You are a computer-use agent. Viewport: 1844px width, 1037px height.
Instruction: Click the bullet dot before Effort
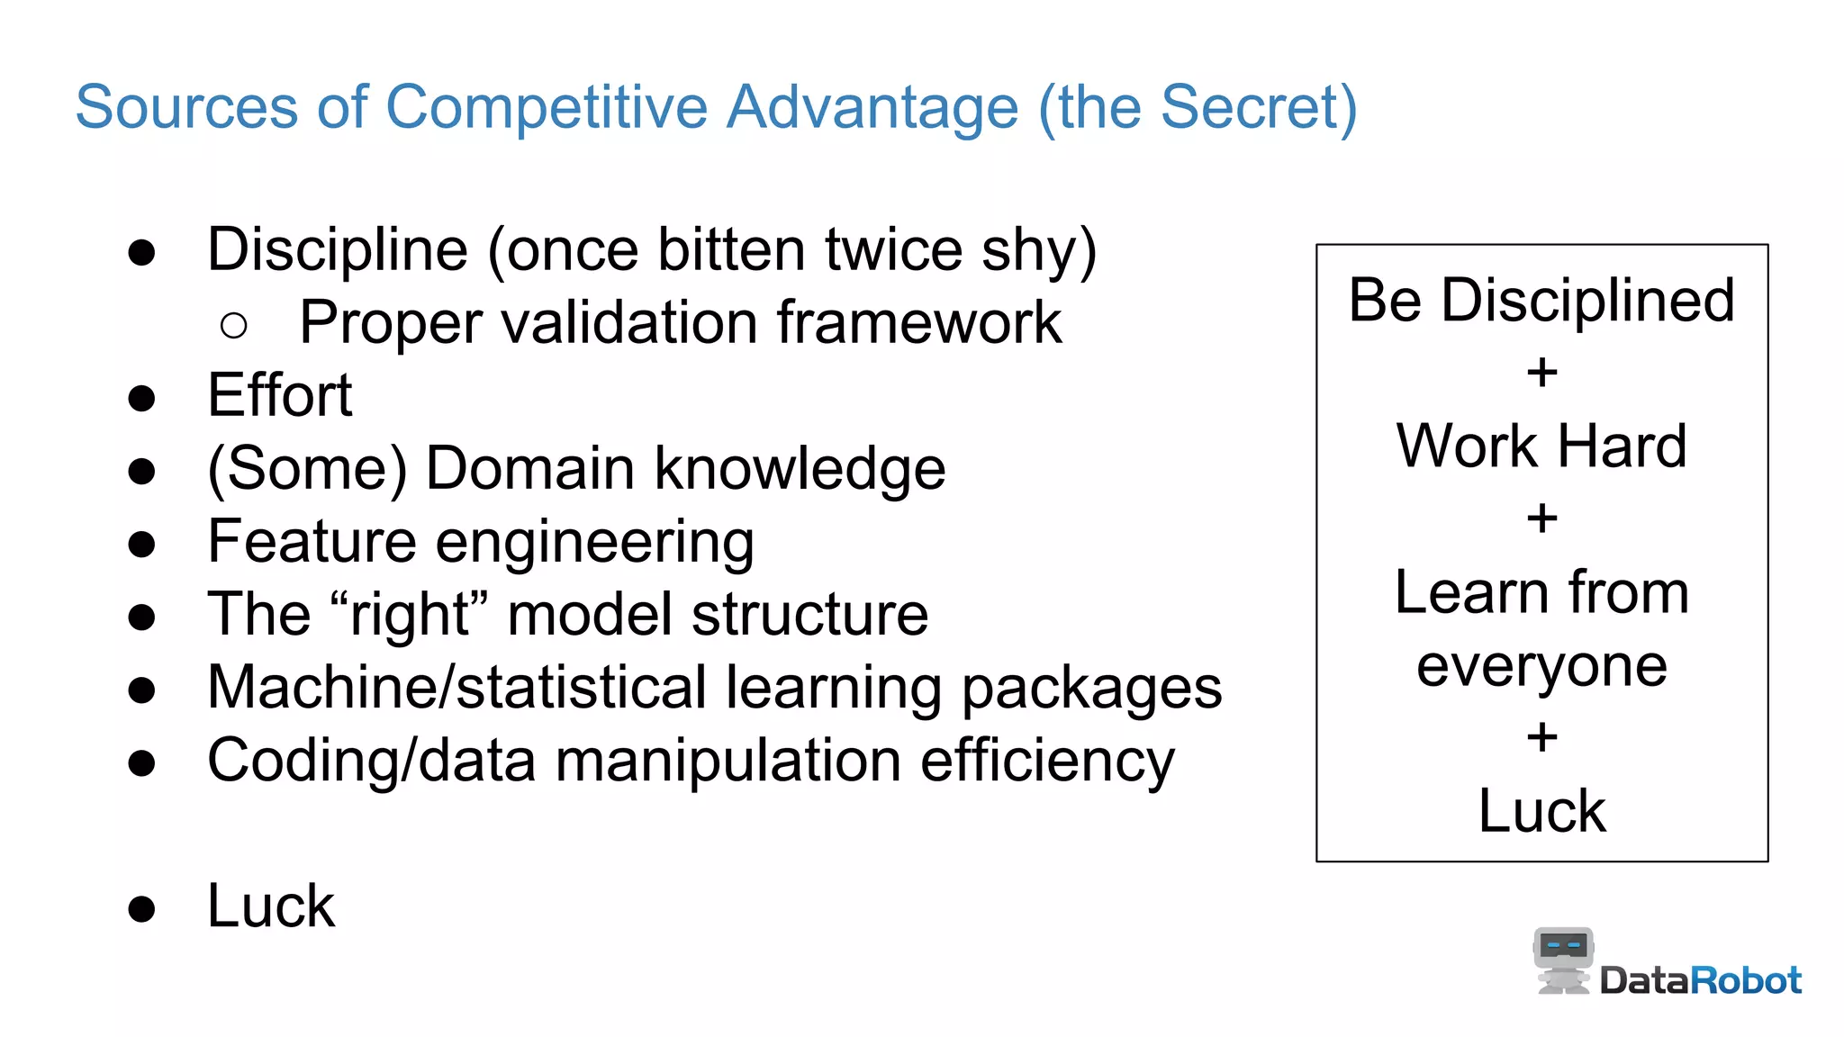[x=141, y=397]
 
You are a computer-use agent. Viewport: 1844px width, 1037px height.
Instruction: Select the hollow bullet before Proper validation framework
[x=233, y=325]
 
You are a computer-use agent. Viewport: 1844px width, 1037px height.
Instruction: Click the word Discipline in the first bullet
[x=338, y=250]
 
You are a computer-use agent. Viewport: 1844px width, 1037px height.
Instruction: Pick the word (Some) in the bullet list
[x=307, y=469]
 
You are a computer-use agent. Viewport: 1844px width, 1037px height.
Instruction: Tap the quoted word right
[x=409, y=615]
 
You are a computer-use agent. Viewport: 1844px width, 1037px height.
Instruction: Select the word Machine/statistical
[x=456, y=688]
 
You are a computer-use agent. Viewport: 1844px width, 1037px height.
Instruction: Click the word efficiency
[x=1047, y=762]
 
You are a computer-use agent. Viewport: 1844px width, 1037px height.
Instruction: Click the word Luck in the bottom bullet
[x=270, y=906]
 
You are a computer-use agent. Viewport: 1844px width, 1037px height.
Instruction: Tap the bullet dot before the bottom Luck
[x=141, y=908]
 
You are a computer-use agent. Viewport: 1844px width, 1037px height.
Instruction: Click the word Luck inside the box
[x=1541, y=811]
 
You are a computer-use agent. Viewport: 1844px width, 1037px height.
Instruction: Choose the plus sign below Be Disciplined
[x=1541, y=372]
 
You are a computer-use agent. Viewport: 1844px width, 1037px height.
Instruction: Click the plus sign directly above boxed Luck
[x=1541, y=737]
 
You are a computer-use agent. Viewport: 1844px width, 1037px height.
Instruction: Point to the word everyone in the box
[x=1541, y=667]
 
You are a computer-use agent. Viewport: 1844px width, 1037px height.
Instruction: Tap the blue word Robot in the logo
[x=1746, y=980]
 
